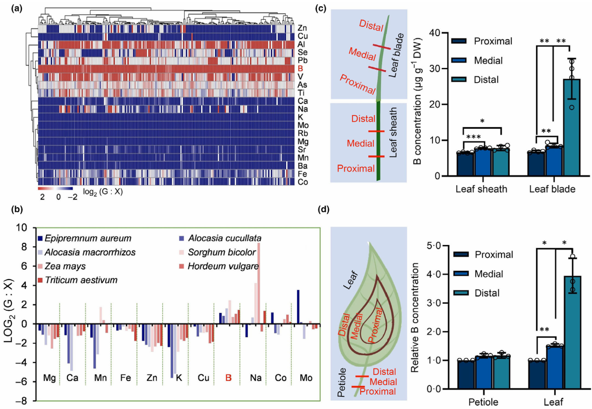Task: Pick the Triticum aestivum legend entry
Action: click(77, 280)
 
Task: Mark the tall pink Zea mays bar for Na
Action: click(258, 285)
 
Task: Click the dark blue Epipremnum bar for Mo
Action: click(298, 307)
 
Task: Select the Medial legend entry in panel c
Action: click(487, 60)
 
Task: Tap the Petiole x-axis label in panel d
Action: click(482, 402)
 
